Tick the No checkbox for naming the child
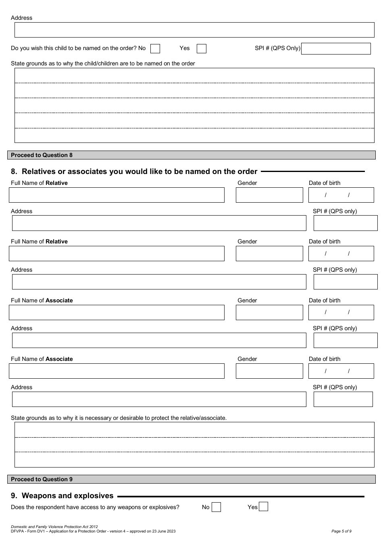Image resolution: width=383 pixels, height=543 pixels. click(x=155, y=49)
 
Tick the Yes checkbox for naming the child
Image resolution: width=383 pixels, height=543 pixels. click(x=202, y=49)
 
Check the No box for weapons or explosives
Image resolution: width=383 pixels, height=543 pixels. click(x=216, y=507)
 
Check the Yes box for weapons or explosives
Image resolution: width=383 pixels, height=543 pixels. click(x=263, y=507)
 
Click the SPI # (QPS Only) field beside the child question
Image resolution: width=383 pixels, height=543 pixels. click(x=336, y=49)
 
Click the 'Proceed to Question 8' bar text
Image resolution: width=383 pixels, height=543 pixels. click(x=42, y=155)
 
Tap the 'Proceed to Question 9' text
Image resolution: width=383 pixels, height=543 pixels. click(x=42, y=479)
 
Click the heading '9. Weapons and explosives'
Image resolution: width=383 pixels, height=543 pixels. click(x=62, y=496)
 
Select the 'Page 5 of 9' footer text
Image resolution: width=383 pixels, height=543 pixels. click(x=341, y=531)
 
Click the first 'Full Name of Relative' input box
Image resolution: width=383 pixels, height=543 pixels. click(x=117, y=195)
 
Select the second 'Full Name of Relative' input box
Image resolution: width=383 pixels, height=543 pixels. click(x=117, y=254)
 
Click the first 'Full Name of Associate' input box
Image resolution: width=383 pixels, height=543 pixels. click(x=117, y=312)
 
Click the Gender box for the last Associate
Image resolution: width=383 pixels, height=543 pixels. click(x=269, y=371)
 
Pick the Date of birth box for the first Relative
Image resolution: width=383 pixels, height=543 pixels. click(x=341, y=195)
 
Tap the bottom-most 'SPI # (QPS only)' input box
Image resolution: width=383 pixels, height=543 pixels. click(x=343, y=399)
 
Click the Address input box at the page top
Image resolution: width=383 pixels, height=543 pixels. click(x=194, y=30)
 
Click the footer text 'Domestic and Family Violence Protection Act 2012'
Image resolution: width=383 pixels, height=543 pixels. click(x=54, y=527)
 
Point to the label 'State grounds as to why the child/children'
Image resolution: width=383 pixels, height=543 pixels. click(x=103, y=63)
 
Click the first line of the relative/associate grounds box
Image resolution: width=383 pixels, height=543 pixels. click(x=194, y=430)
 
